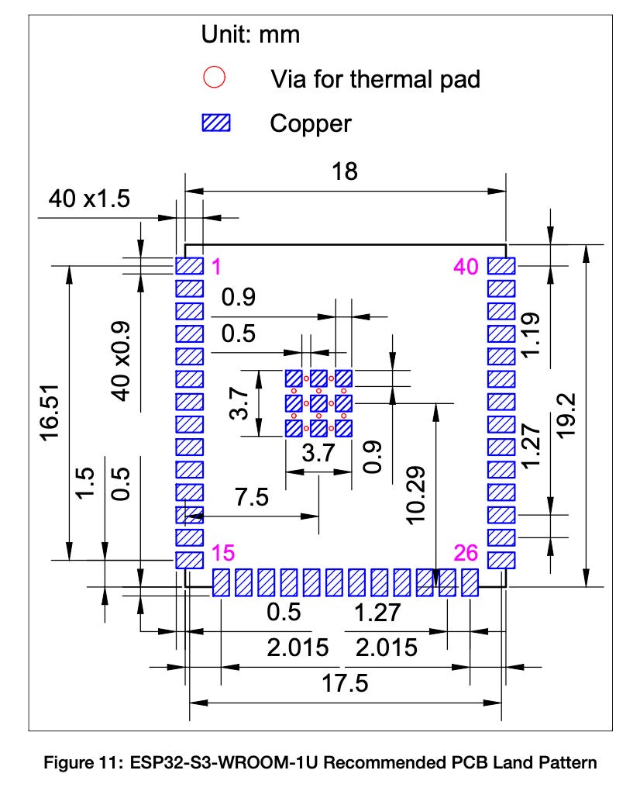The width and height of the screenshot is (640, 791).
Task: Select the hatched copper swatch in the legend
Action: coord(216,123)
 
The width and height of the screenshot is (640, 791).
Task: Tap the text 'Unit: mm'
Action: coord(250,34)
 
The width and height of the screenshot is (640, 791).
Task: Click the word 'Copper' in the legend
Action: coord(310,123)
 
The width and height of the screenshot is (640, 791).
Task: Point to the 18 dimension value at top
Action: coord(345,172)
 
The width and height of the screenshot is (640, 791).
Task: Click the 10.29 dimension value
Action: coord(417,497)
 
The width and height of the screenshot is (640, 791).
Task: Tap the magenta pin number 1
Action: coord(216,267)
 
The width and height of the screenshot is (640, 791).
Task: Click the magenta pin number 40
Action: coord(466,267)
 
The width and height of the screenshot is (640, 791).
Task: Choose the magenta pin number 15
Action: coord(222,554)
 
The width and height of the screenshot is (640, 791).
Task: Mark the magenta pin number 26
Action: coord(467,554)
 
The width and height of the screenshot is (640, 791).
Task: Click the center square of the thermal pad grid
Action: coord(318,403)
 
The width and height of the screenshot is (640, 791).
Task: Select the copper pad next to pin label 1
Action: coord(188,266)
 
